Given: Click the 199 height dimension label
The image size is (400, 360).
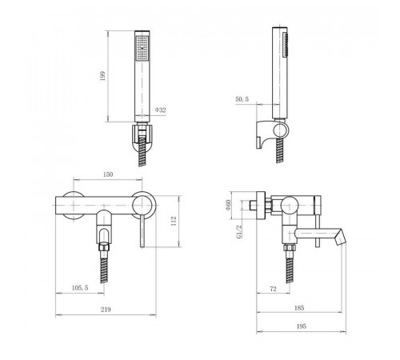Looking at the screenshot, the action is (x=103, y=76).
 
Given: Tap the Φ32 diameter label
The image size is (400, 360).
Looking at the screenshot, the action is (x=161, y=110).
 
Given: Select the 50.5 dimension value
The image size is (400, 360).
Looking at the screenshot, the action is (x=242, y=99).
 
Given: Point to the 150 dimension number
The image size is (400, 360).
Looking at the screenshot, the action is (x=108, y=174).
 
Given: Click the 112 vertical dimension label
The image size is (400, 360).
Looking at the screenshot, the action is (x=174, y=221).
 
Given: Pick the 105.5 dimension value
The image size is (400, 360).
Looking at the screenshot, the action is (x=80, y=288).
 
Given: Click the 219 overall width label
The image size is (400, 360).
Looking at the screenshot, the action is (x=106, y=310).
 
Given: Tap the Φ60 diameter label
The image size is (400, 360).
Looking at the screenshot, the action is (x=228, y=205).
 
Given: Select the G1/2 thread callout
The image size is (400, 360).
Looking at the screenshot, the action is (x=239, y=231).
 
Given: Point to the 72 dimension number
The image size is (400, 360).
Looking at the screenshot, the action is (x=274, y=289).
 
